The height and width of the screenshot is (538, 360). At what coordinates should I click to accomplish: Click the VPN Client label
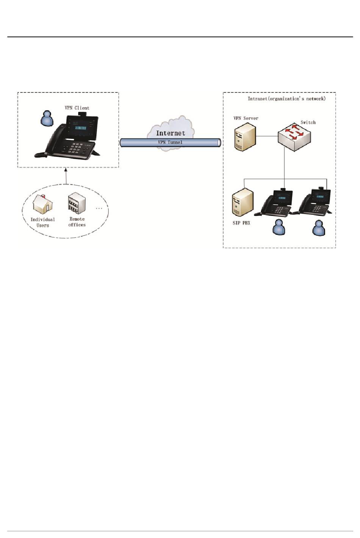pyautogui.click(x=77, y=108)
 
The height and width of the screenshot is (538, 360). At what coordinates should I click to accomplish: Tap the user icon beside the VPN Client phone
pyautogui.click(x=47, y=118)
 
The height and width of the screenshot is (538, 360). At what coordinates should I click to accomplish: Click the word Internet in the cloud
pyautogui.click(x=171, y=133)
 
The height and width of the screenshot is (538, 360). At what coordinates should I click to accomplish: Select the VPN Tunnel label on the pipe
pyautogui.click(x=170, y=142)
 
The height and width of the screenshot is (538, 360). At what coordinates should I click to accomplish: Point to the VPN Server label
pyautogui.click(x=246, y=118)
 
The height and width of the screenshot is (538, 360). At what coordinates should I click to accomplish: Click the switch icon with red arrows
pyautogui.click(x=294, y=136)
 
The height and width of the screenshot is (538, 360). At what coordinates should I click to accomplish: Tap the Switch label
pyautogui.click(x=308, y=122)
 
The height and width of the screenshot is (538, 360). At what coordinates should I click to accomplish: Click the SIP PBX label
pyautogui.click(x=241, y=223)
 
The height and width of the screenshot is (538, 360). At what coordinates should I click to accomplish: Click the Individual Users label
pyautogui.click(x=43, y=222)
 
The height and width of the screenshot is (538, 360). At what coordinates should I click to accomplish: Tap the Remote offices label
pyautogui.click(x=77, y=222)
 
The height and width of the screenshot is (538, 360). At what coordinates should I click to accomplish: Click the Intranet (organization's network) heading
pyautogui.click(x=286, y=99)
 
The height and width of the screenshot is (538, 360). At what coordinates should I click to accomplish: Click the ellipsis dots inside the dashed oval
pyautogui.click(x=99, y=208)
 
